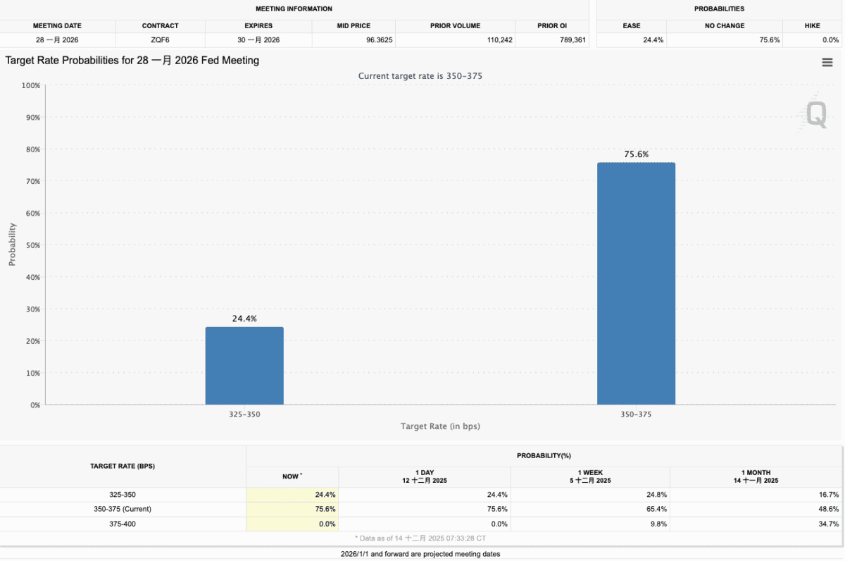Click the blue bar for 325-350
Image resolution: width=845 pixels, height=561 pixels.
click(244, 366)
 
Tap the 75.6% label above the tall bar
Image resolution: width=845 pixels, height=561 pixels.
click(636, 154)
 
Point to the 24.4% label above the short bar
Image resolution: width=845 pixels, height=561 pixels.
click(244, 319)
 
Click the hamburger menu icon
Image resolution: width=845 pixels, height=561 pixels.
click(827, 63)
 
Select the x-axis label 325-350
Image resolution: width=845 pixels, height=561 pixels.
click(244, 414)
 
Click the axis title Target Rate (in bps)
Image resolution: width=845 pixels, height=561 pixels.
click(440, 426)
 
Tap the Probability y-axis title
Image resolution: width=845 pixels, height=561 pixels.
click(12, 245)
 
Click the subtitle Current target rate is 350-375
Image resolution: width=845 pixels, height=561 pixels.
click(420, 75)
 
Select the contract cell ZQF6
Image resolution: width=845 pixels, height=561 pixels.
click(160, 40)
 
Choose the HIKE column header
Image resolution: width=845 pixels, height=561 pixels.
click(811, 26)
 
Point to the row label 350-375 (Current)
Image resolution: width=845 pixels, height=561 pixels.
click(123, 509)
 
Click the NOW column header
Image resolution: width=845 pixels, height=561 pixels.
click(291, 477)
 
